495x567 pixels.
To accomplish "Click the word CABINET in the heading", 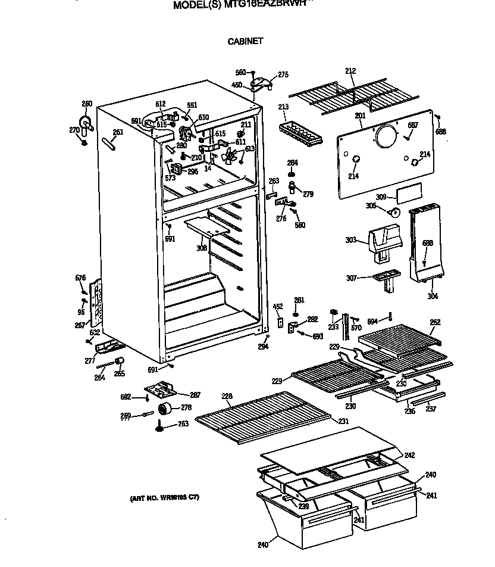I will click(245, 42).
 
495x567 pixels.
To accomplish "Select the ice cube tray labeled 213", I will click(300, 133).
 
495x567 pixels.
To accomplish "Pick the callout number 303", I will click(351, 240).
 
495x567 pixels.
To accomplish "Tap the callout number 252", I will click(435, 322).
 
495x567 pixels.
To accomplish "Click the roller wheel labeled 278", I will click(164, 409).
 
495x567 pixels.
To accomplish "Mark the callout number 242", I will click(409, 455).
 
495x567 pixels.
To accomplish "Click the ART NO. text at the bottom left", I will click(165, 497).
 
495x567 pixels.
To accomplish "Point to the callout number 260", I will click(87, 104).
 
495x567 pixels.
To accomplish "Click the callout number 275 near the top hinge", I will click(283, 75).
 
